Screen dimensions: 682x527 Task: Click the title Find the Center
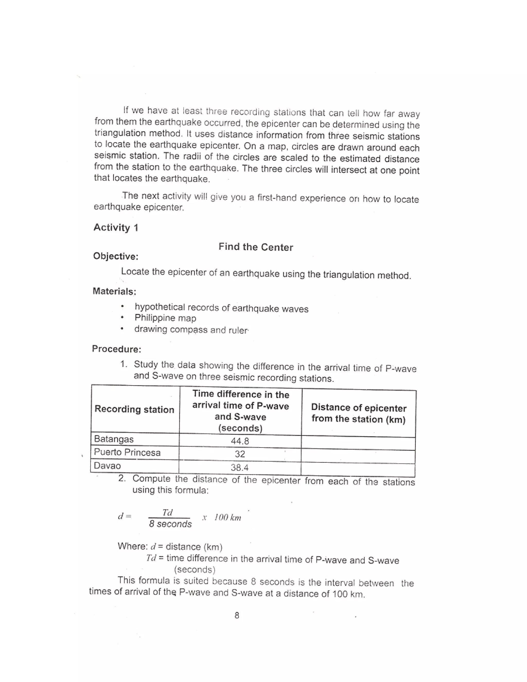(x=256, y=247)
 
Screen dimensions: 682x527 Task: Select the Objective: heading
(x=116, y=256)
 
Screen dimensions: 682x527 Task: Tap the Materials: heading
(x=114, y=291)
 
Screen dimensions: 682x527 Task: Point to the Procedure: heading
(x=117, y=349)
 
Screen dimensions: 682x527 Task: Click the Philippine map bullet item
(x=165, y=318)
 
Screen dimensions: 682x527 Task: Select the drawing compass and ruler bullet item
(x=191, y=329)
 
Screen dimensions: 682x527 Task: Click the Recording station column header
(x=134, y=409)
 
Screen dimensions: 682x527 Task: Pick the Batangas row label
(x=114, y=439)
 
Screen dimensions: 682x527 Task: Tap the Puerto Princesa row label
(x=127, y=452)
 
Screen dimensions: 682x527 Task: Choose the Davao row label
(x=107, y=466)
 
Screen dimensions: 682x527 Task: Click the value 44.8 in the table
(x=240, y=441)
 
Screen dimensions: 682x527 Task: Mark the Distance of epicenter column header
(x=358, y=413)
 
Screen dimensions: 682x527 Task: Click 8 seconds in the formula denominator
(x=170, y=524)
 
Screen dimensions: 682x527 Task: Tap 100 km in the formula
(x=227, y=518)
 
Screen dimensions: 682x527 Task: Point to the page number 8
(x=237, y=615)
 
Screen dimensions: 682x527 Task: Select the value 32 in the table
(x=240, y=454)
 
